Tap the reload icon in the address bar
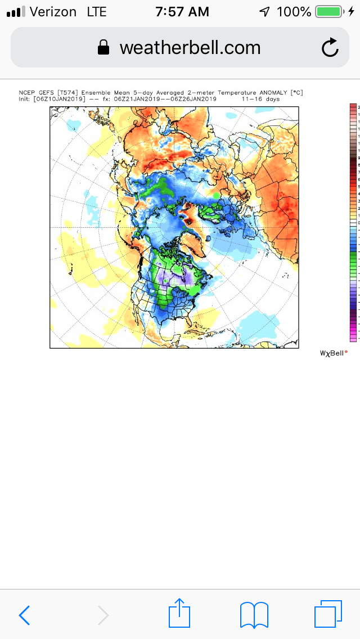(330, 48)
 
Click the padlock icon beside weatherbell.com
(103, 48)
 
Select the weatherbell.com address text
(190, 48)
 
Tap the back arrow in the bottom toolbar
(24, 615)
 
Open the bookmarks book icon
(254, 614)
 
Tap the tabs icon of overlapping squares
(328, 614)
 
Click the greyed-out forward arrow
(103, 615)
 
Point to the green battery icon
(330, 11)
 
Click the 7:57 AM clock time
(182, 11)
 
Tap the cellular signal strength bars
(15, 12)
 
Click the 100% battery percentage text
(294, 11)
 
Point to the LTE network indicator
(97, 11)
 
